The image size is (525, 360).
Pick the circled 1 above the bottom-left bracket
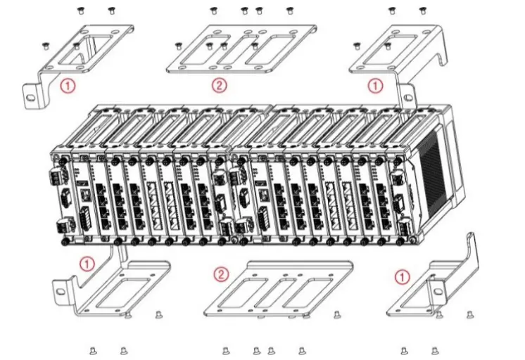tap(86, 264)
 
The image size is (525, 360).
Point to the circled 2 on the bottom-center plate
tap(221, 274)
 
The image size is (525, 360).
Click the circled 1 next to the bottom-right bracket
tap(401, 276)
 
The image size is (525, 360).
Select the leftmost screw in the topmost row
tap(79, 10)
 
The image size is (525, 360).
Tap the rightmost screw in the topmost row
tap(423, 10)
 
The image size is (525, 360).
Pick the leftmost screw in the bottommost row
tap(93, 349)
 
